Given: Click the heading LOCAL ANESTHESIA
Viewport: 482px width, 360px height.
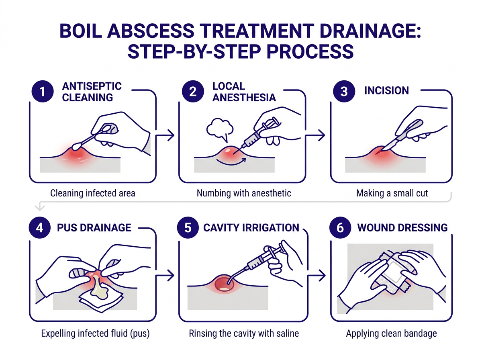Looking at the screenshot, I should coord(244,92).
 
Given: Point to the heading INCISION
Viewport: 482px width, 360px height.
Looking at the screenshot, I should coord(386,91).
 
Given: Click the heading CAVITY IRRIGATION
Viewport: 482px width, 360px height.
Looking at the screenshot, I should coord(251,228).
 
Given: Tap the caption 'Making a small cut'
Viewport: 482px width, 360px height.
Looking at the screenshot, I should coord(392,193).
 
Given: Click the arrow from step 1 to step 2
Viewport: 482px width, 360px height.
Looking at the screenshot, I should coord(165,135).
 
